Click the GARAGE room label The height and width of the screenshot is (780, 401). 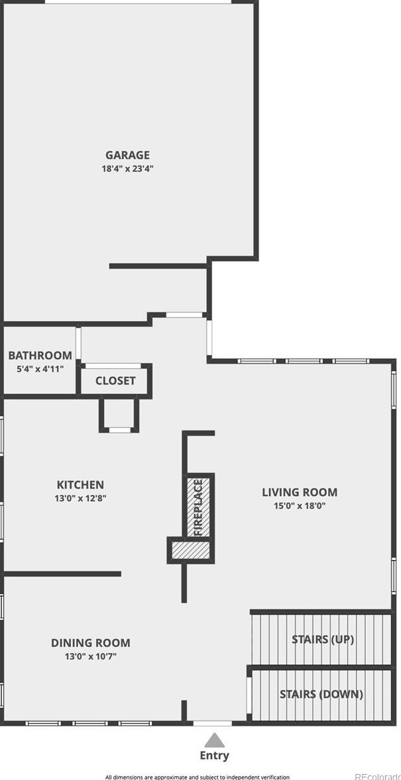(x=127, y=156)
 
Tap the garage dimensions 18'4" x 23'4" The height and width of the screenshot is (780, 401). (x=127, y=168)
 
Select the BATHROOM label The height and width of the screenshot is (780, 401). (x=40, y=356)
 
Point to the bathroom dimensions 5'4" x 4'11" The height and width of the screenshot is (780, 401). (x=40, y=368)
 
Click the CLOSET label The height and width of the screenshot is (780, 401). (x=115, y=381)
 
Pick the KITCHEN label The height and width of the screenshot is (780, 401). (x=80, y=485)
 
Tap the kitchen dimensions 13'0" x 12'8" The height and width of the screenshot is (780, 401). (x=80, y=497)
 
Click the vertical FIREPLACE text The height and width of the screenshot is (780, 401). (x=198, y=507)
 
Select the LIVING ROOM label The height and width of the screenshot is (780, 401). (x=300, y=492)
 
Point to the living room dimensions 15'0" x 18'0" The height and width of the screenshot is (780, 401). (x=300, y=505)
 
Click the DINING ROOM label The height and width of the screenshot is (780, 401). (x=91, y=642)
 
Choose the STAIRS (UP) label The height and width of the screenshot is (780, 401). (x=323, y=640)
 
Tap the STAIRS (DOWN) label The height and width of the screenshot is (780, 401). (x=321, y=695)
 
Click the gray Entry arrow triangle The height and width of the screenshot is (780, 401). (x=213, y=740)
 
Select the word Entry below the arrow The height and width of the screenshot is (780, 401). (x=214, y=755)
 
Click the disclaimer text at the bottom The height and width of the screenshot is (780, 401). (x=197, y=777)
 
